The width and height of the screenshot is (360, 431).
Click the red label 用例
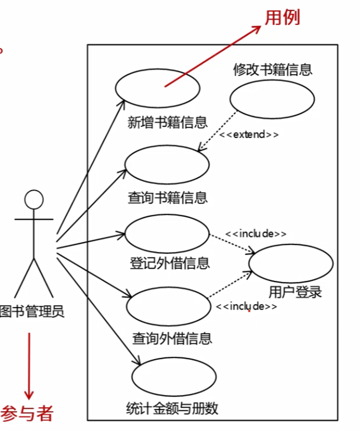[283, 18]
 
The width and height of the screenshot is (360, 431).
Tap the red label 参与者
[27, 414]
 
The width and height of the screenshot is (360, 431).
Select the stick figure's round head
[34, 199]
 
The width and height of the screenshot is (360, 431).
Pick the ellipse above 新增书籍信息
[157, 88]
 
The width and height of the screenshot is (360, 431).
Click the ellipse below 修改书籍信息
[272, 99]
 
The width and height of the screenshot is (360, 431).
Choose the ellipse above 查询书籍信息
[167, 164]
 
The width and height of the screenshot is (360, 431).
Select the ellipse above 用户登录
[291, 263]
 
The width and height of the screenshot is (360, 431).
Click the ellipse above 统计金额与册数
[174, 376]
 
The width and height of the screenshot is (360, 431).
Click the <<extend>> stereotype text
[249, 135]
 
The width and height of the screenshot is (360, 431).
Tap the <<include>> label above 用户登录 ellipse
[256, 234]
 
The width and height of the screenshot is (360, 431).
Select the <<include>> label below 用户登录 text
[246, 306]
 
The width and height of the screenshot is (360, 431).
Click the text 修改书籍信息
[273, 69]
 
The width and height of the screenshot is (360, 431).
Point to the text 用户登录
[295, 292]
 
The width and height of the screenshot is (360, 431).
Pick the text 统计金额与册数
[172, 409]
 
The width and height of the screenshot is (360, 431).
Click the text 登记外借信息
[170, 263]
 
